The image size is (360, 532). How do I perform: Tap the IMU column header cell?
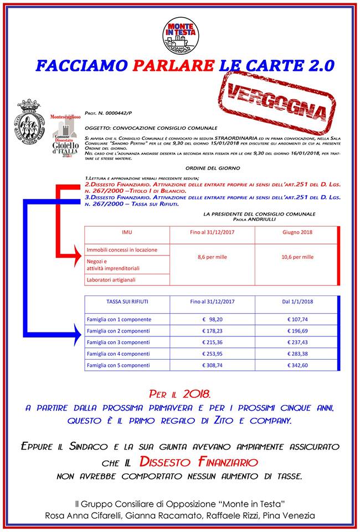coord(127,233)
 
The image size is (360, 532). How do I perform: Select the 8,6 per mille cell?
coord(212,257)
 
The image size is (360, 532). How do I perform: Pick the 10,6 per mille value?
coord(297,257)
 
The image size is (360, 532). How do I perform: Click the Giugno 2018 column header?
coord(297,233)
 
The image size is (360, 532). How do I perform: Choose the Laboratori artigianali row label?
coord(111,280)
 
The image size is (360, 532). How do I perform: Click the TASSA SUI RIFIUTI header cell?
coord(127,303)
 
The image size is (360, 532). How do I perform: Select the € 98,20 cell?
coord(212,319)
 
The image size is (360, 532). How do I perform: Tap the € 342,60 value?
coord(297,366)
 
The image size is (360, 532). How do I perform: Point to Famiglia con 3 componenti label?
coord(119,342)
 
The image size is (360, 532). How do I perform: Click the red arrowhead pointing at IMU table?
coord(77,257)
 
